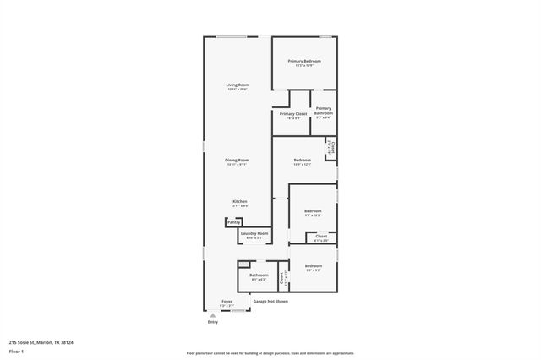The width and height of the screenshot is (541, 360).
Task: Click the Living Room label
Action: click(238, 85)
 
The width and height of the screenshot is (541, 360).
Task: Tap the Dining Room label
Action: click(237, 161)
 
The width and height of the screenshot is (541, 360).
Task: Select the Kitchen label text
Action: click(240, 202)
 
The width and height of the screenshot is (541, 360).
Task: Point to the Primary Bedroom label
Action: click(304, 62)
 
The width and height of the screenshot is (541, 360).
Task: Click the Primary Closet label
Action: click(293, 114)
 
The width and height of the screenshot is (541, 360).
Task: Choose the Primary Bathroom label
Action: click(324, 111)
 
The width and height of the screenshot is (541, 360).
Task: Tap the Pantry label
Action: click(233, 222)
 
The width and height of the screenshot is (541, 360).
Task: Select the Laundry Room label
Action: click(254, 234)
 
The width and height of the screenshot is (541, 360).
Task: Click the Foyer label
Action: click(227, 302)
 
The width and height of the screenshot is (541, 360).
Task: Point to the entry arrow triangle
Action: click(213, 314)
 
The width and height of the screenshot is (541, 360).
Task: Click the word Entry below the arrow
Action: click(213, 322)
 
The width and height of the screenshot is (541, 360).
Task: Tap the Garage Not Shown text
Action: click(271, 301)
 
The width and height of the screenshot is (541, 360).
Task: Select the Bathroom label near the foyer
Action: click(259, 275)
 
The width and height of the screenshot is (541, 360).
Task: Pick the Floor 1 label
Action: click(16, 352)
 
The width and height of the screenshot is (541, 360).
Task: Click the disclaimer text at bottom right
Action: click(270, 352)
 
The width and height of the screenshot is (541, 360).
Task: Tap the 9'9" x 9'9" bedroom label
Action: click(313, 267)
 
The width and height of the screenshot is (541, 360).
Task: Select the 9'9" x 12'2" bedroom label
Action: click(313, 211)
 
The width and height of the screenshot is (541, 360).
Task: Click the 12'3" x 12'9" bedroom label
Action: click(303, 161)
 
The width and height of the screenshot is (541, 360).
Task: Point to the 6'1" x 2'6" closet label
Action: click(321, 237)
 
